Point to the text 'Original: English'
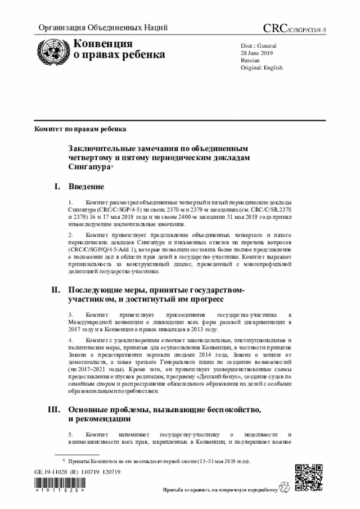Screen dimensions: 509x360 (x=262, y=67)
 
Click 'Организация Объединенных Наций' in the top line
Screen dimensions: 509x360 (x=103, y=28)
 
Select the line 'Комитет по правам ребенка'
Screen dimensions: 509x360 (x=80, y=128)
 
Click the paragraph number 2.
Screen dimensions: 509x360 (x=70, y=233)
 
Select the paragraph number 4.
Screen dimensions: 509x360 (x=70, y=340)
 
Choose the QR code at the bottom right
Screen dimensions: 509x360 (x=309, y=478)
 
